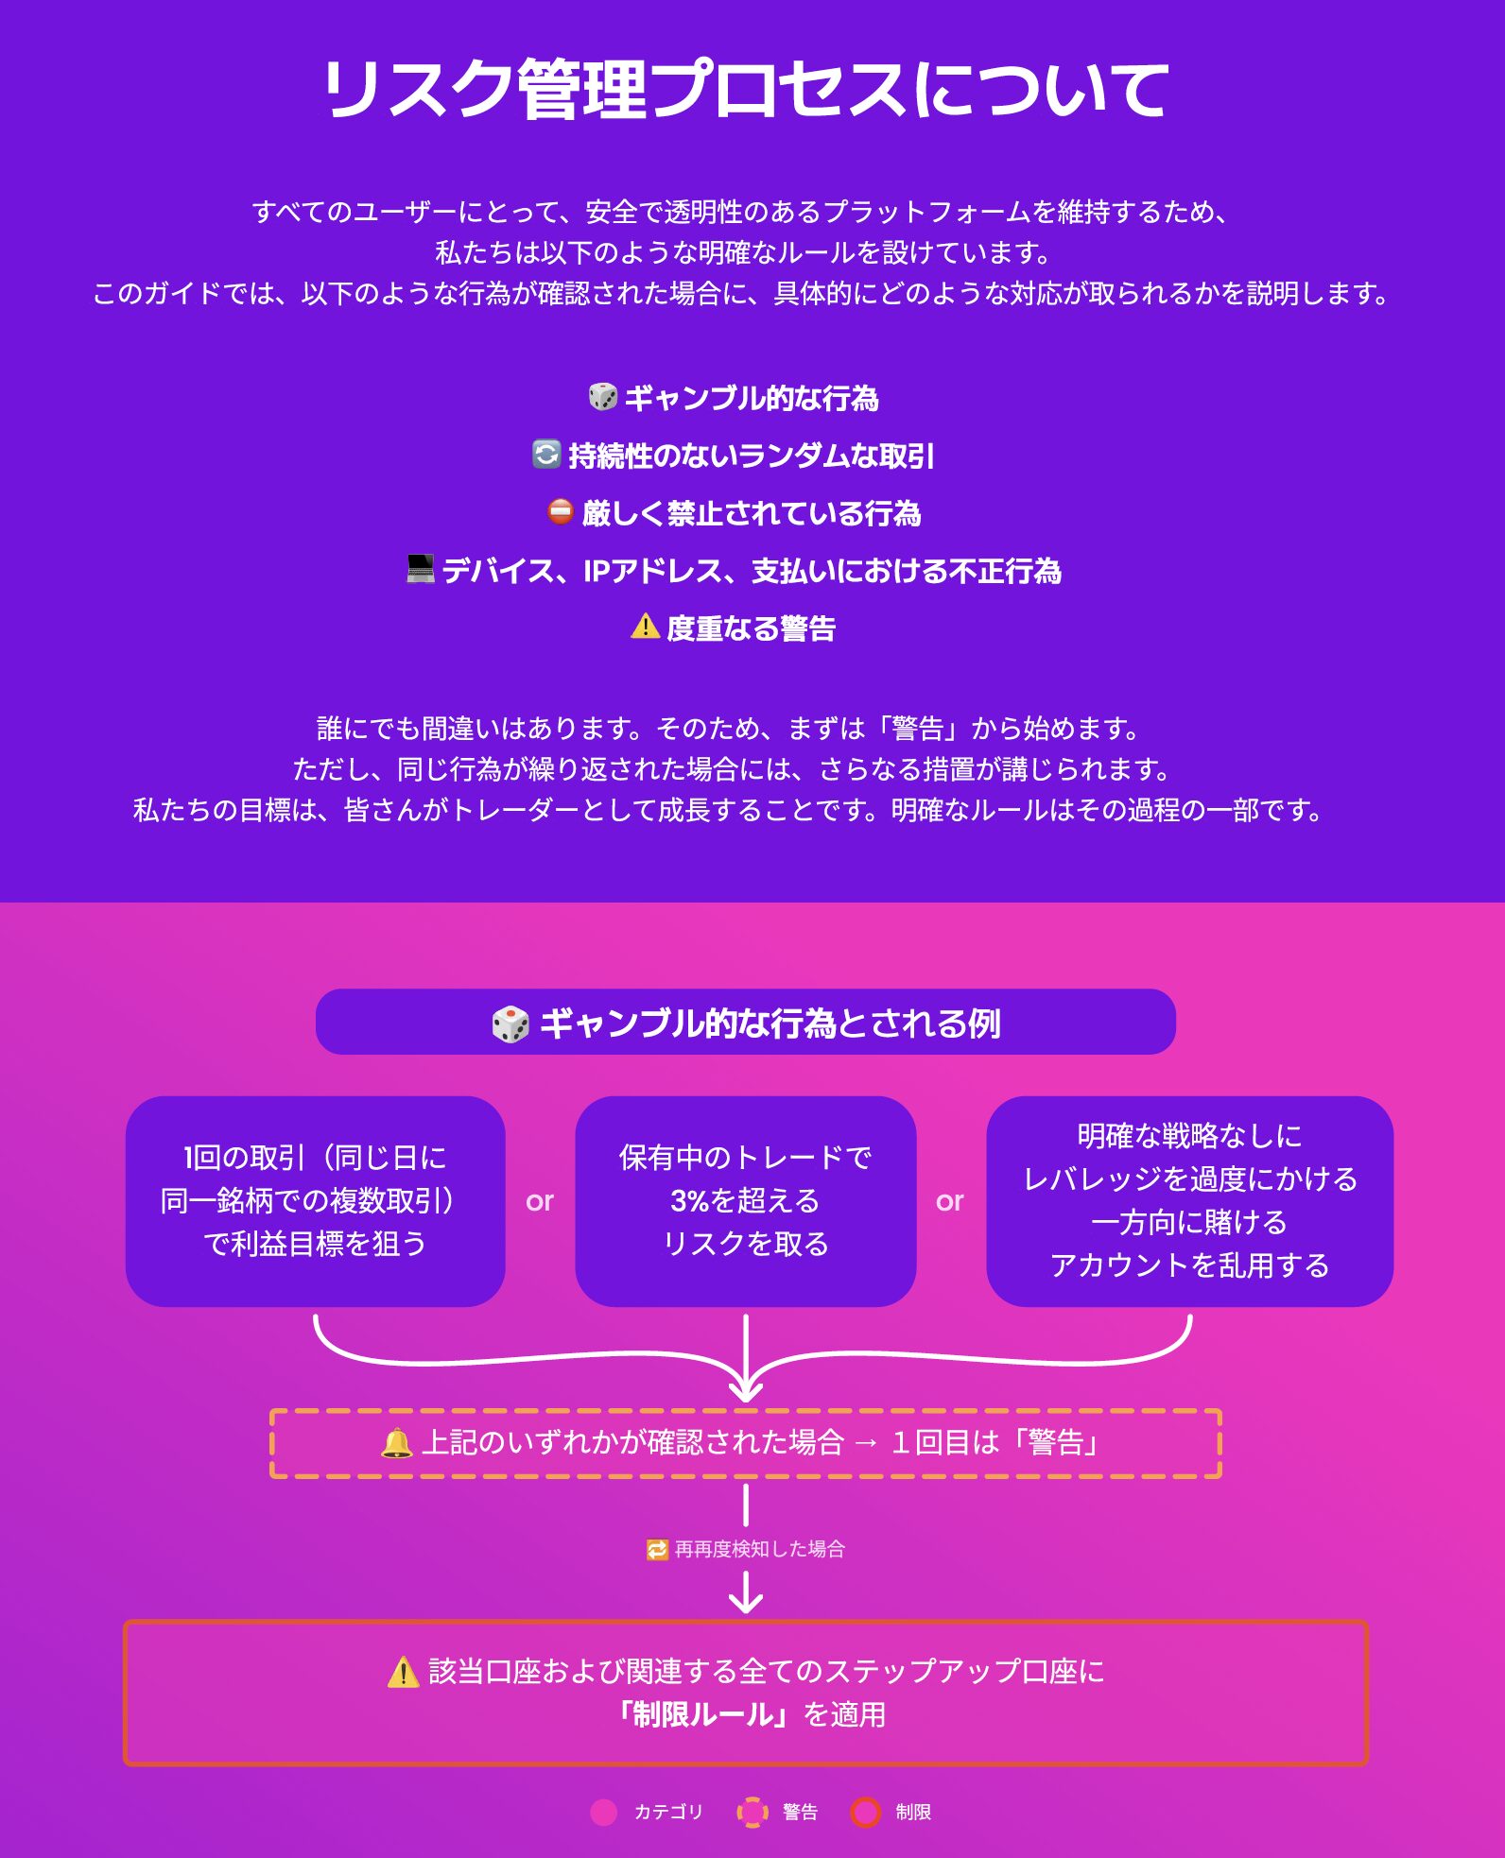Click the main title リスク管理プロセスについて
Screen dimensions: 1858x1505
tap(746, 90)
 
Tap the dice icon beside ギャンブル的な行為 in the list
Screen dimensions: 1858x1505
tap(602, 397)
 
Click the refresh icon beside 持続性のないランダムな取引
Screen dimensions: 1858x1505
tap(546, 455)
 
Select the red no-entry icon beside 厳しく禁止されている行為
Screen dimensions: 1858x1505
tap(561, 511)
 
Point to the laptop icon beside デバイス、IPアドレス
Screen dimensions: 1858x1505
tap(420, 569)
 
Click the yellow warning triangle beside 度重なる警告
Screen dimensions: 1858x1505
tap(645, 626)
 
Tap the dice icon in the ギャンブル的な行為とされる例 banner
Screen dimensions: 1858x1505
tap(510, 1024)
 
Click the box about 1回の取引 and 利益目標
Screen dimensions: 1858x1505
tap(315, 1200)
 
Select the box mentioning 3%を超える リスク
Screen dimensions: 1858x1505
tap(745, 1200)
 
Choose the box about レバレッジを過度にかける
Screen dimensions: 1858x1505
tap(1189, 1200)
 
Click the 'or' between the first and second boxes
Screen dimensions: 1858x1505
tap(540, 1201)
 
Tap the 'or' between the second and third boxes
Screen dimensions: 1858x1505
tap(950, 1201)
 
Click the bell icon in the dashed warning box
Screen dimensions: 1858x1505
tap(397, 1443)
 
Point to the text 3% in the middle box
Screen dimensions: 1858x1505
tap(689, 1200)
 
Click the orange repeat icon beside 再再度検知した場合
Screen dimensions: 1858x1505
tap(657, 1550)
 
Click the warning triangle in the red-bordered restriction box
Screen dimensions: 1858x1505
tap(404, 1672)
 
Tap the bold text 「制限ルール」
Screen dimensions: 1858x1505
tap(702, 1714)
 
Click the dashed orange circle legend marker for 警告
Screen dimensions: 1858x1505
tap(752, 1812)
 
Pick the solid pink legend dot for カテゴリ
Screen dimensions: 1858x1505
tap(603, 1812)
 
